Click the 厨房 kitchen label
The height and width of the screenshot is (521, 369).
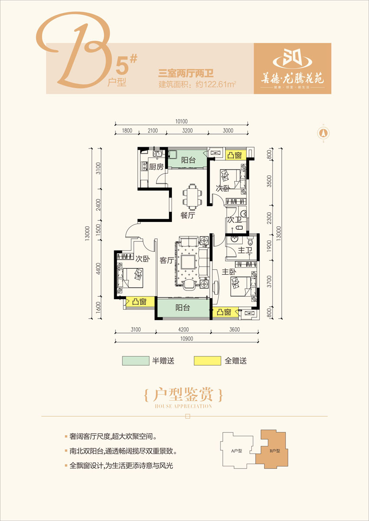[156, 167]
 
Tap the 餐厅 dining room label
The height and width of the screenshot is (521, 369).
[188, 215]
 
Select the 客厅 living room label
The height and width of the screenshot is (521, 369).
[166, 261]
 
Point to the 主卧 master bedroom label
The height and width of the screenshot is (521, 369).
[229, 273]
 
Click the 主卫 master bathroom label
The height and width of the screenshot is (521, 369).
[245, 251]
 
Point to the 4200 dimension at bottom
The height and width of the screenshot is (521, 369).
[184, 330]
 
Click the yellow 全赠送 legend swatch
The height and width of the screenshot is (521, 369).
[206, 361]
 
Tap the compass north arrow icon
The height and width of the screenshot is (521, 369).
[323, 132]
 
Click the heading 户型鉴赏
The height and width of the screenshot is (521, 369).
[183, 396]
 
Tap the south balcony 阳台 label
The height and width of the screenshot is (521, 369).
[183, 308]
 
